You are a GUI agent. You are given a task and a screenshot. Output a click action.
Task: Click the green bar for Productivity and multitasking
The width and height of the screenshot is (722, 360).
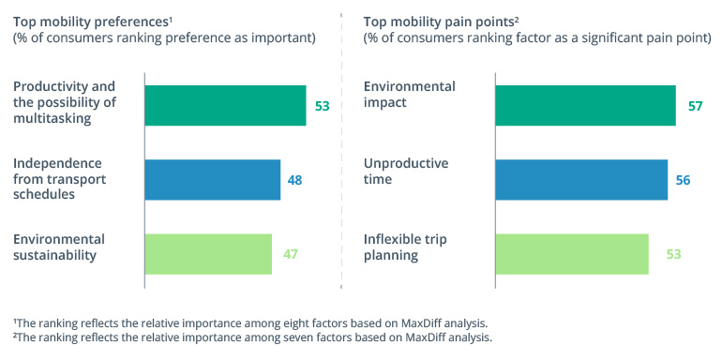(225, 106)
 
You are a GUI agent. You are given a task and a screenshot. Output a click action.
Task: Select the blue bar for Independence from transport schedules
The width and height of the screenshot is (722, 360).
(212, 180)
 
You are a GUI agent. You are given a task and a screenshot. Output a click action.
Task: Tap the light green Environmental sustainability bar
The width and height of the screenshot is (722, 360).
(207, 254)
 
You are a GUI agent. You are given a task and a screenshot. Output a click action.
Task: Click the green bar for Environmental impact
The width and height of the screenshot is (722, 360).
(585, 106)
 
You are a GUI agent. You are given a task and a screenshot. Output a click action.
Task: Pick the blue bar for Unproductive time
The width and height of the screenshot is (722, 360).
(581, 180)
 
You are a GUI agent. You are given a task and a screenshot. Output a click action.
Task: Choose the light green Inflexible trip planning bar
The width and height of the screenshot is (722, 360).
(571, 254)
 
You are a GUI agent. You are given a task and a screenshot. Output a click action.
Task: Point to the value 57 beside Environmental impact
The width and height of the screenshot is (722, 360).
(695, 106)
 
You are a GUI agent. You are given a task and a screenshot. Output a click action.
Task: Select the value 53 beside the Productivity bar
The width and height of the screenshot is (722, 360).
(322, 106)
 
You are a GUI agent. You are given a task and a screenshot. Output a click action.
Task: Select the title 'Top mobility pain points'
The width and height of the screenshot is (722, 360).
(436, 20)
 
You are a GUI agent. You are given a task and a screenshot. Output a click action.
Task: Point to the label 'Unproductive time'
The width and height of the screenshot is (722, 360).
(406, 172)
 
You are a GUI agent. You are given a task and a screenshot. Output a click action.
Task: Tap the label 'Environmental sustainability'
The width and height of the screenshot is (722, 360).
(59, 247)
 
